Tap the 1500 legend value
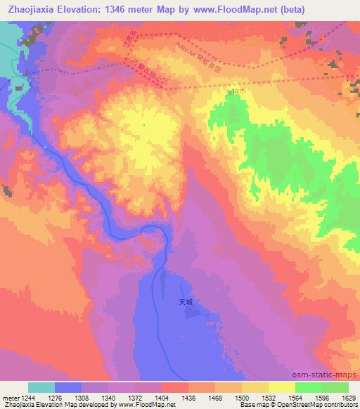click(241, 398)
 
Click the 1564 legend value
click(295, 398)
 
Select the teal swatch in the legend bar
click(41, 387)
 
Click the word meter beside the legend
click(10, 398)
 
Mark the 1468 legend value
click(214, 398)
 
